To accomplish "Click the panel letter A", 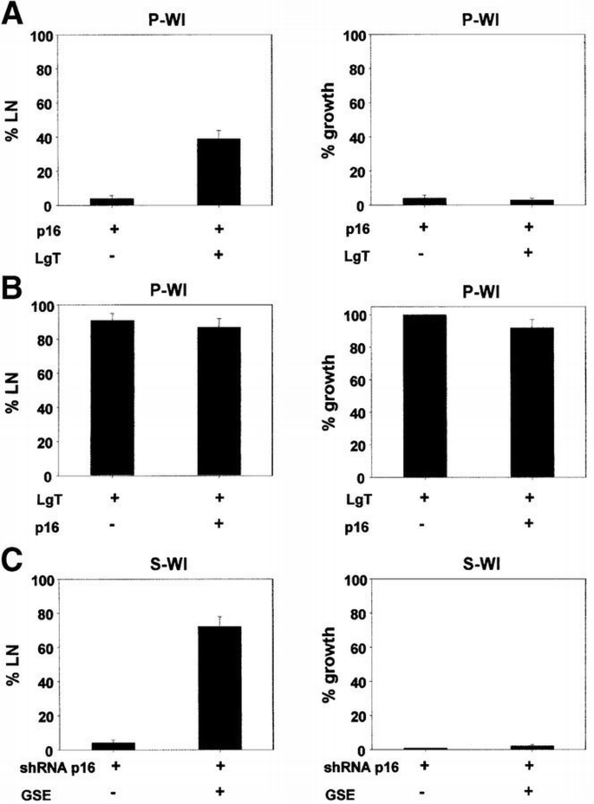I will [11, 16].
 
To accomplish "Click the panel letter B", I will [11, 289].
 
